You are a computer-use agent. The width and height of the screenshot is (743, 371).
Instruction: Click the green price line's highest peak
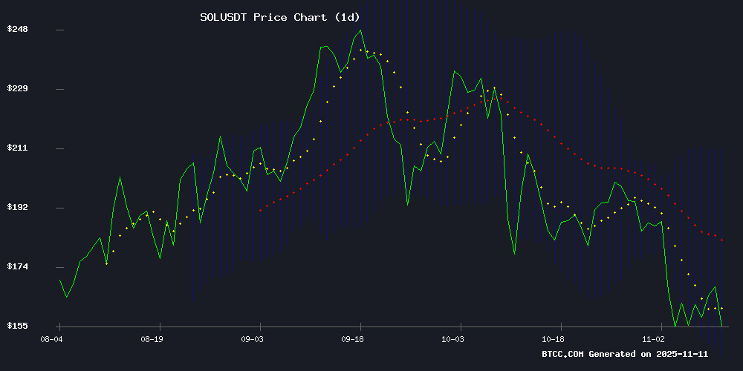[x=361, y=30]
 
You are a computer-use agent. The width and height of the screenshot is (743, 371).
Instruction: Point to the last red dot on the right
[x=721, y=240]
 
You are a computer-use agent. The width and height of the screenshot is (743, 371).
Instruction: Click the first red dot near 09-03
[x=260, y=211]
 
